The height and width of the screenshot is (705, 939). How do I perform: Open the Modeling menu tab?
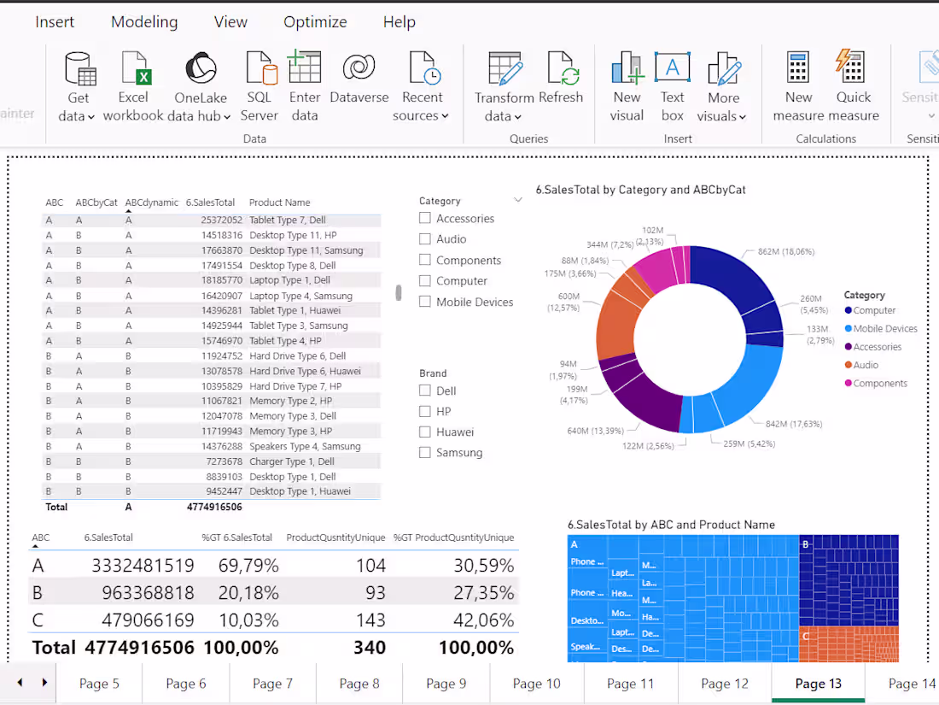(144, 22)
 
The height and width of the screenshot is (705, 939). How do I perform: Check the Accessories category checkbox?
(425, 219)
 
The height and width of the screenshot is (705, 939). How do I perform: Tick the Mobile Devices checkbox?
(425, 302)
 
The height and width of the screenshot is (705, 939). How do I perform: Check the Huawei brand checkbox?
(425, 432)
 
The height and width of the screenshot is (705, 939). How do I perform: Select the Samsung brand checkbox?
(425, 453)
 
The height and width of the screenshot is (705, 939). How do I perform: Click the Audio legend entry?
(866, 366)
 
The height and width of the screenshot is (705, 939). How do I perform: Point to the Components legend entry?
(879, 384)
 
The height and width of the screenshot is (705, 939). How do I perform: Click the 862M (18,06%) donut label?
(785, 252)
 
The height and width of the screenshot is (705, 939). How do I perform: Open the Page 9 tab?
(446, 684)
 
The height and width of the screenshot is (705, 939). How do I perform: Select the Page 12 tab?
(724, 684)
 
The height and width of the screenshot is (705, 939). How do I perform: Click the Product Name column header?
(279, 203)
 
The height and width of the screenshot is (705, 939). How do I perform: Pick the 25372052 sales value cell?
(221, 220)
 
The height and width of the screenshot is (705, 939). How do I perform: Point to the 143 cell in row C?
(370, 620)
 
